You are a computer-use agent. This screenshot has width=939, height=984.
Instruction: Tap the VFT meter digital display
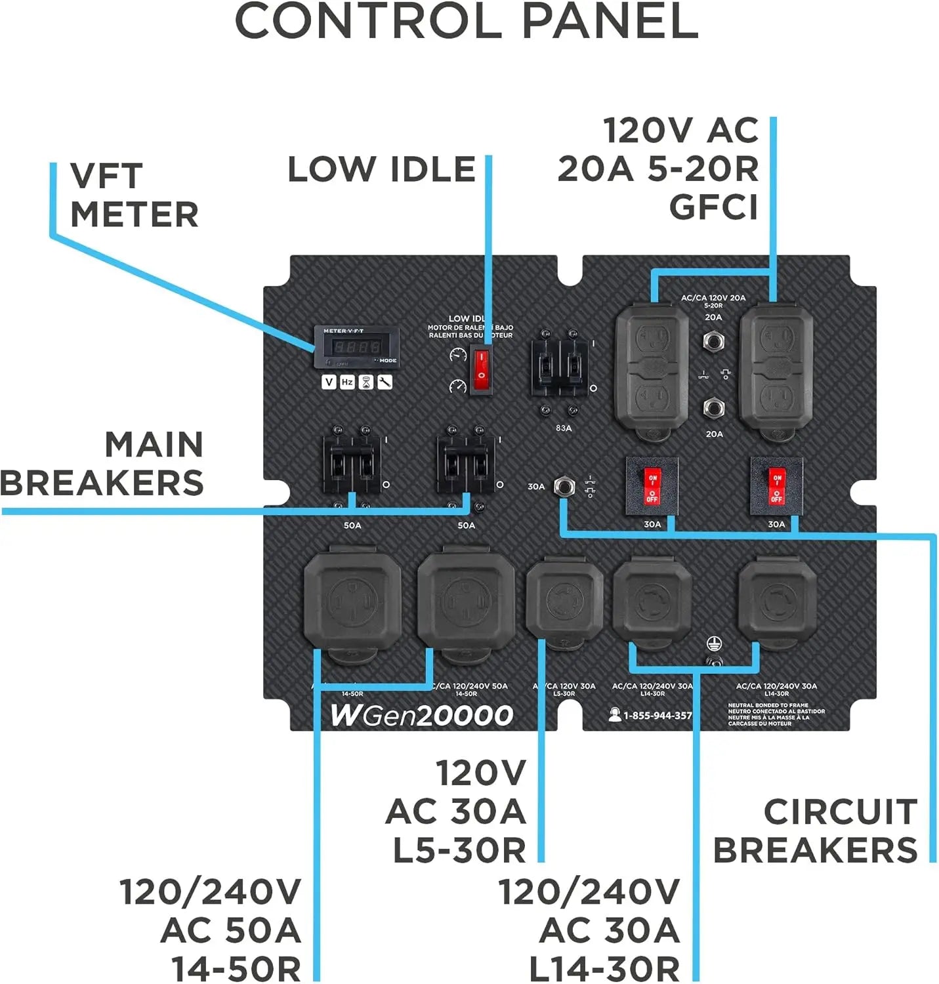[356, 346]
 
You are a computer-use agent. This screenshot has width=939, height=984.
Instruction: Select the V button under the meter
[329, 382]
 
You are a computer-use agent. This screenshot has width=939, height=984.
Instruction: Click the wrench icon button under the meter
[385, 382]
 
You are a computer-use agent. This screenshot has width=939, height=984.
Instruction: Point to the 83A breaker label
[563, 428]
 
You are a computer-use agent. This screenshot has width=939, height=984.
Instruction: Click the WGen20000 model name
[421, 714]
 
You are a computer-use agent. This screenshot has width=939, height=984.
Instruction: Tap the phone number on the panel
[657, 715]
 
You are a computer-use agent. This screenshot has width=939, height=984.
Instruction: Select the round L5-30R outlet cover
[564, 600]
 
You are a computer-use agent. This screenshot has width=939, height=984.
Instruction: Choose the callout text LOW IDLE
[381, 169]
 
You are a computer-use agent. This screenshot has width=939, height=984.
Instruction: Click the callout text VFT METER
[134, 195]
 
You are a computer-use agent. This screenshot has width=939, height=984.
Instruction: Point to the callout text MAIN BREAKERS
[102, 463]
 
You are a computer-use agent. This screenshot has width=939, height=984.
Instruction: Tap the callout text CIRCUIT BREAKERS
[816, 830]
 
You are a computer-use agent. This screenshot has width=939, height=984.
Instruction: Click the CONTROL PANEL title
[467, 21]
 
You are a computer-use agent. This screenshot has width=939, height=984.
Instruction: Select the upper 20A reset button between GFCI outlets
[713, 340]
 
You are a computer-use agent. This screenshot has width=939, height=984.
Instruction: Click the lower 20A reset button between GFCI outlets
[713, 408]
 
